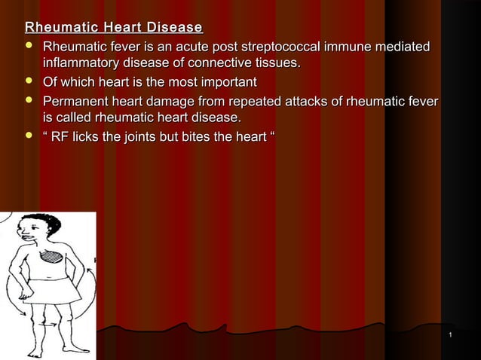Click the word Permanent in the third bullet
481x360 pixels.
coord(78,101)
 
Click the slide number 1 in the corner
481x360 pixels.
coord(449,334)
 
